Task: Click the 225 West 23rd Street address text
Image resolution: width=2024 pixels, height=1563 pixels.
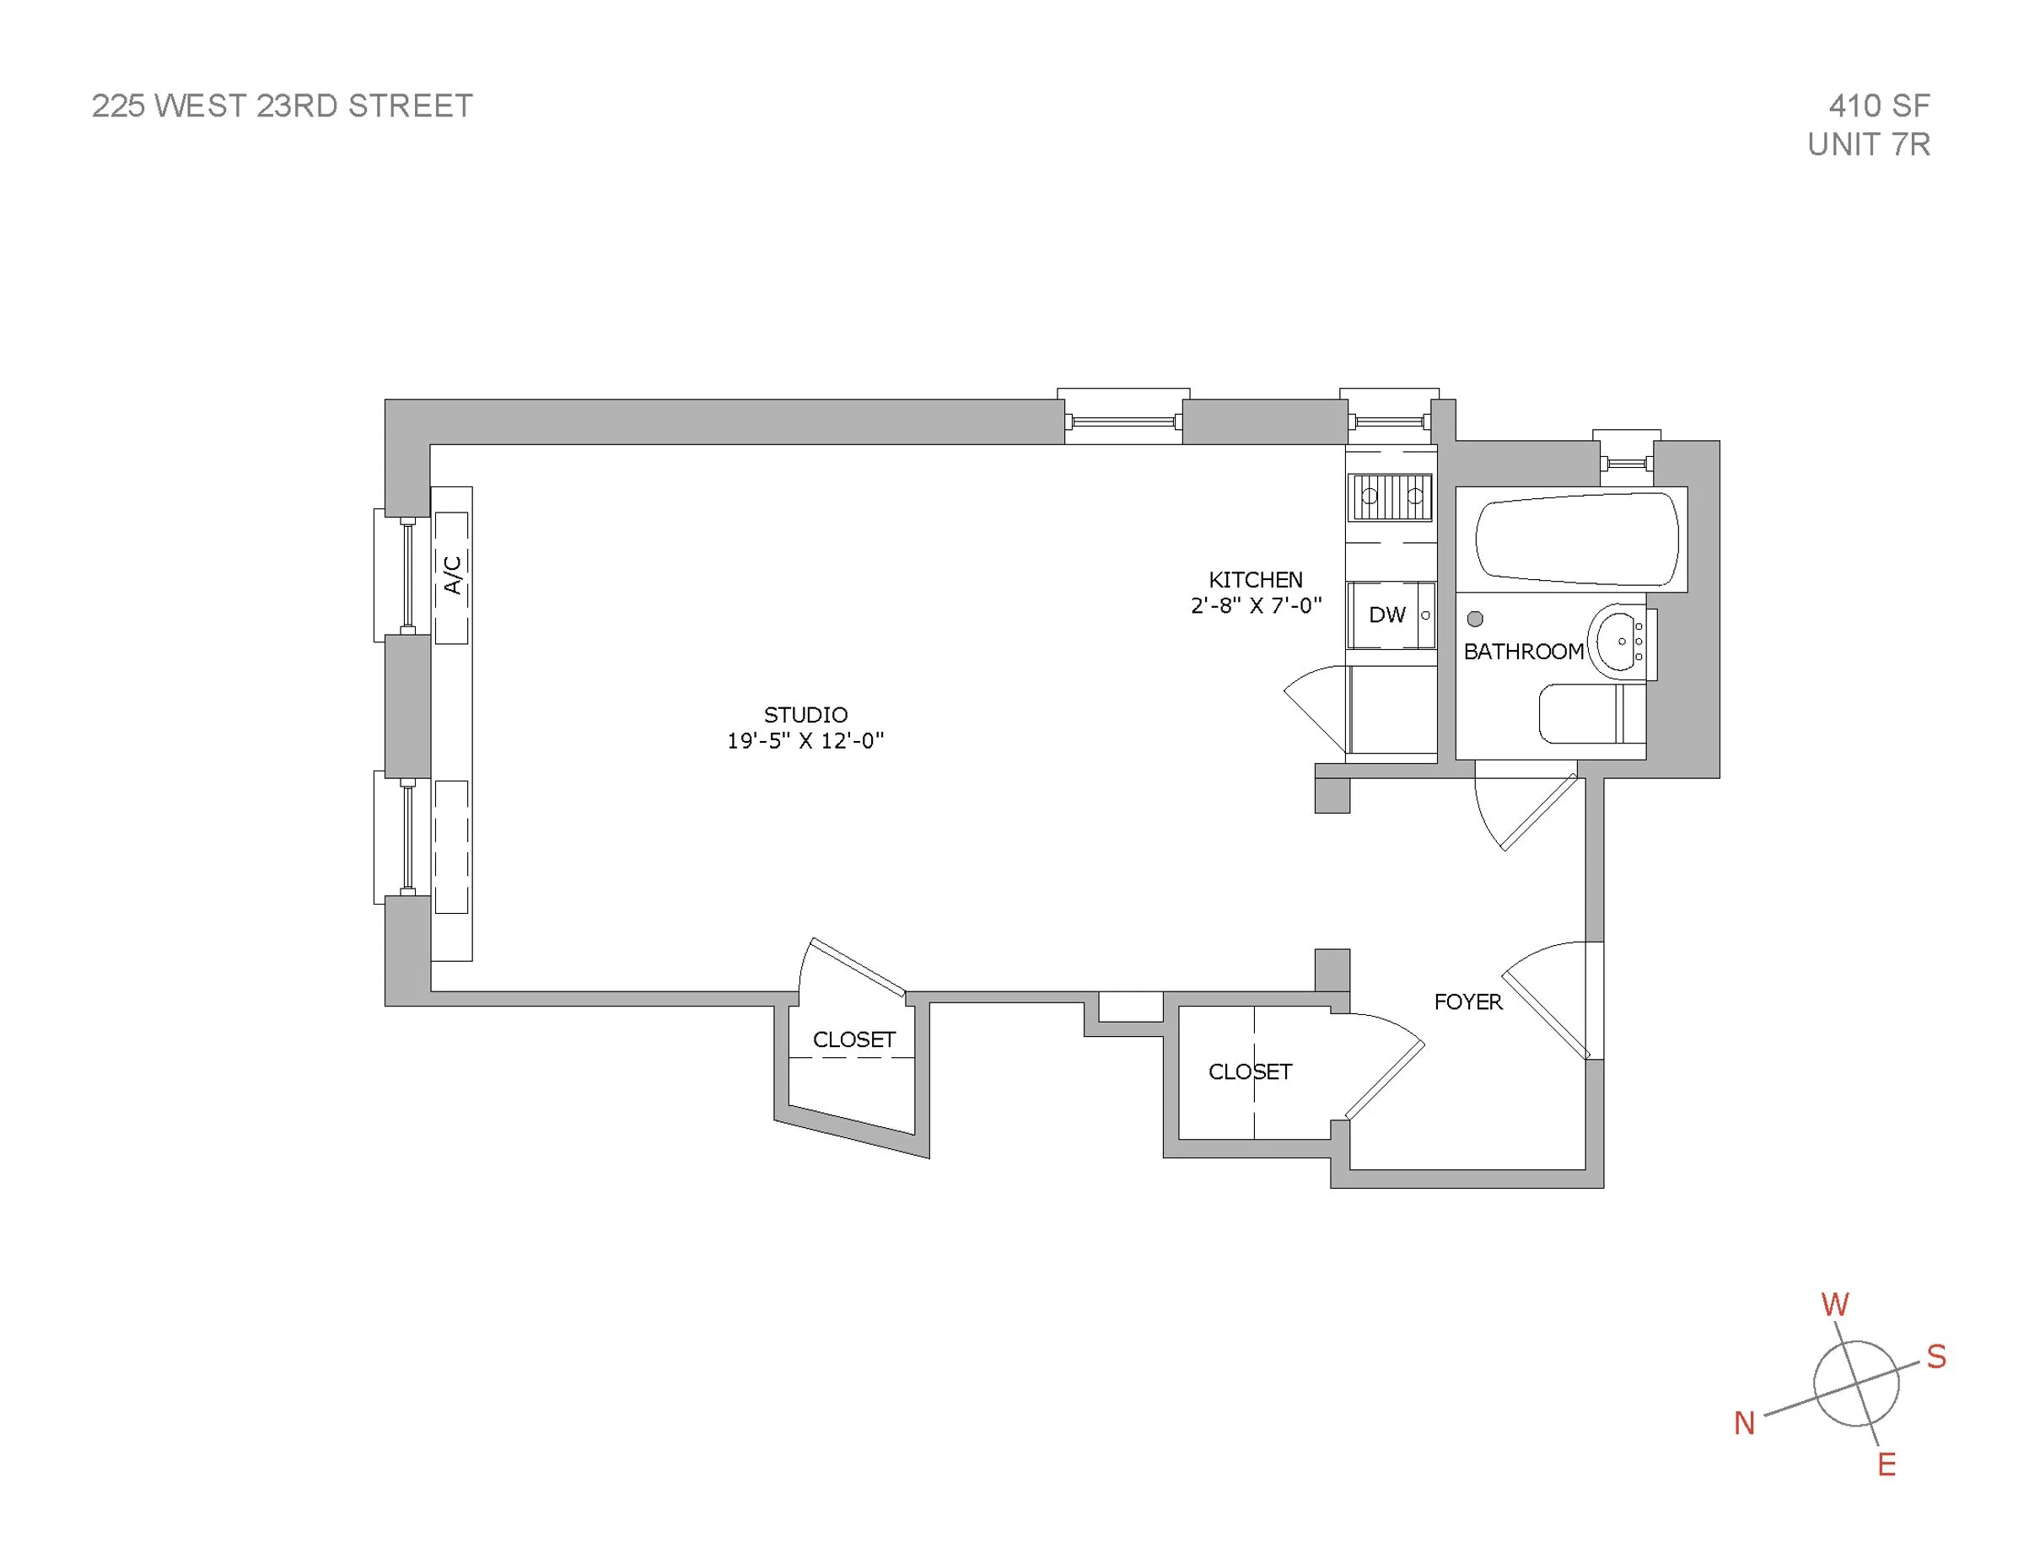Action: click(282, 105)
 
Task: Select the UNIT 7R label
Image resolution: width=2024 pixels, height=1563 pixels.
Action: click(1868, 144)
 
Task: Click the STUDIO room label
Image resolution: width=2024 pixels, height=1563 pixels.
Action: click(805, 714)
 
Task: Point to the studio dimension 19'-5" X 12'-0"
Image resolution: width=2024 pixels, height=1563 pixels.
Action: click(805, 740)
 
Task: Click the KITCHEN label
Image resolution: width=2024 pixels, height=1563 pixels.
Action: click(1255, 580)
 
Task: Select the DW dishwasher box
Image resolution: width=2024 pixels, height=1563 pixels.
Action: click(1389, 615)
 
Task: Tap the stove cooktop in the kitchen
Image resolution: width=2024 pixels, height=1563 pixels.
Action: click(1391, 497)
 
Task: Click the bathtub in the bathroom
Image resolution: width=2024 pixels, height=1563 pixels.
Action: click(1575, 540)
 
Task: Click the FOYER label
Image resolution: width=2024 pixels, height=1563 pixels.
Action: click(1467, 1002)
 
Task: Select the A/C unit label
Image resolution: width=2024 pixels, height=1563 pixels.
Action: click(452, 575)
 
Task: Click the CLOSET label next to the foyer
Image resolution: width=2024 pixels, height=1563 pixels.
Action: click(1249, 1072)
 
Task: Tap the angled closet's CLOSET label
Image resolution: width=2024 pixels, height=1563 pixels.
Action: click(853, 1039)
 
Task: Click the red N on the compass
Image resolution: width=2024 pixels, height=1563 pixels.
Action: click(1744, 1423)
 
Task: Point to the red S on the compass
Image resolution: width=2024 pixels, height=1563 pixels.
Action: click(1936, 1357)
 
